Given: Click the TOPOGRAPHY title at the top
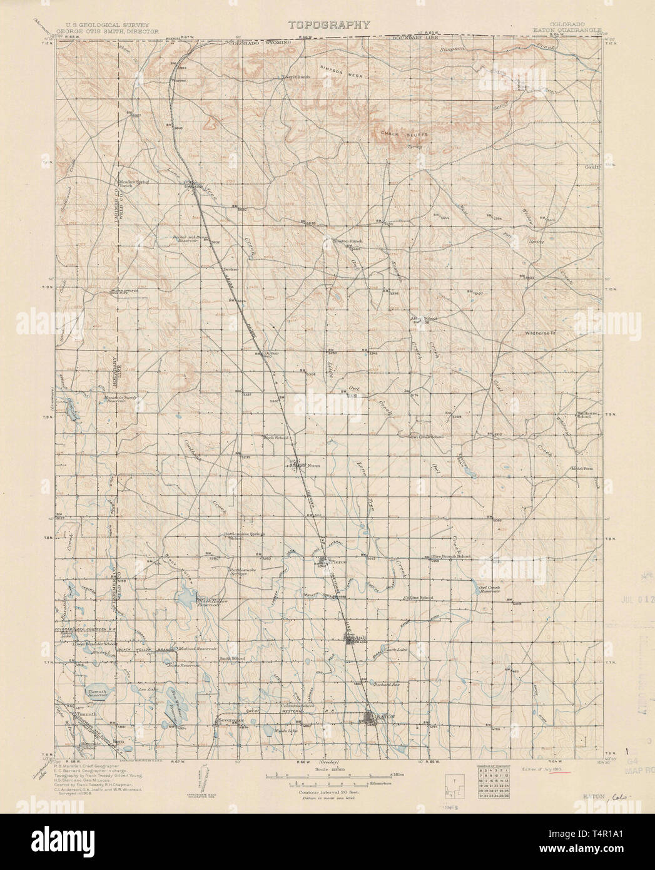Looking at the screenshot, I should pyautogui.click(x=328, y=25).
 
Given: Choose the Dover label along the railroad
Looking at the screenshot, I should pyautogui.click(x=270, y=353).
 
